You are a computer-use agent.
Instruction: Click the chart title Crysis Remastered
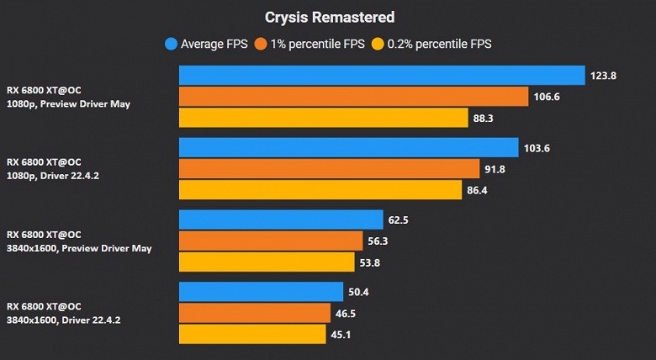[330, 17]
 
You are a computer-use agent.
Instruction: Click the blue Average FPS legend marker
[171, 44]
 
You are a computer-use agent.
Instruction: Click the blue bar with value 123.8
[382, 76]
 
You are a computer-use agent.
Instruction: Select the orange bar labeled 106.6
[353, 97]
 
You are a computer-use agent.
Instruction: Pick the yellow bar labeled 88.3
[323, 118]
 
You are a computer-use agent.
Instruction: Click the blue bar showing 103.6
[348, 148]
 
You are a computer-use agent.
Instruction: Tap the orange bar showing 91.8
[329, 169]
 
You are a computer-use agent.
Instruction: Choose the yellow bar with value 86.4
[320, 190]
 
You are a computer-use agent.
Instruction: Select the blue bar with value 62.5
[281, 220]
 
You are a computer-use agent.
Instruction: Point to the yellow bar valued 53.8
[267, 262]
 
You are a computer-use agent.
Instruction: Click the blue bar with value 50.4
[262, 292]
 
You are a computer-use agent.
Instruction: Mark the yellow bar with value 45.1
[252, 334]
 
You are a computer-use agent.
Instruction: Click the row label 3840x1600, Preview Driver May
[79, 248]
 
